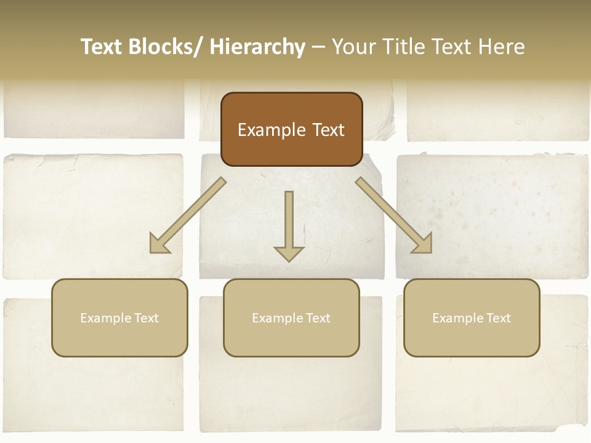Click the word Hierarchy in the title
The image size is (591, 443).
[x=257, y=47]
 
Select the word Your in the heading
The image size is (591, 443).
[x=353, y=47]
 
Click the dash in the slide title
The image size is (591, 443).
[x=318, y=47]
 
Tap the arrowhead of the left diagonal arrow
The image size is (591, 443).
[x=159, y=244]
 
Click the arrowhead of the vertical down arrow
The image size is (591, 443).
[x=289, y=253]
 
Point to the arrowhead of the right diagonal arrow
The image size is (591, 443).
[x=422, y=244]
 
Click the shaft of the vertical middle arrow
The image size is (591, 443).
[x=289, y=215]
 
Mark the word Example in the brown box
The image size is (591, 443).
[x=271, y=130]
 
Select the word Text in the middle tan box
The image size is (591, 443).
[x=318, y=318]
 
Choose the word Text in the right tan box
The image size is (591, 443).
[x=498, y=318]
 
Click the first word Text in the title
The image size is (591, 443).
[x=103, y=47]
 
